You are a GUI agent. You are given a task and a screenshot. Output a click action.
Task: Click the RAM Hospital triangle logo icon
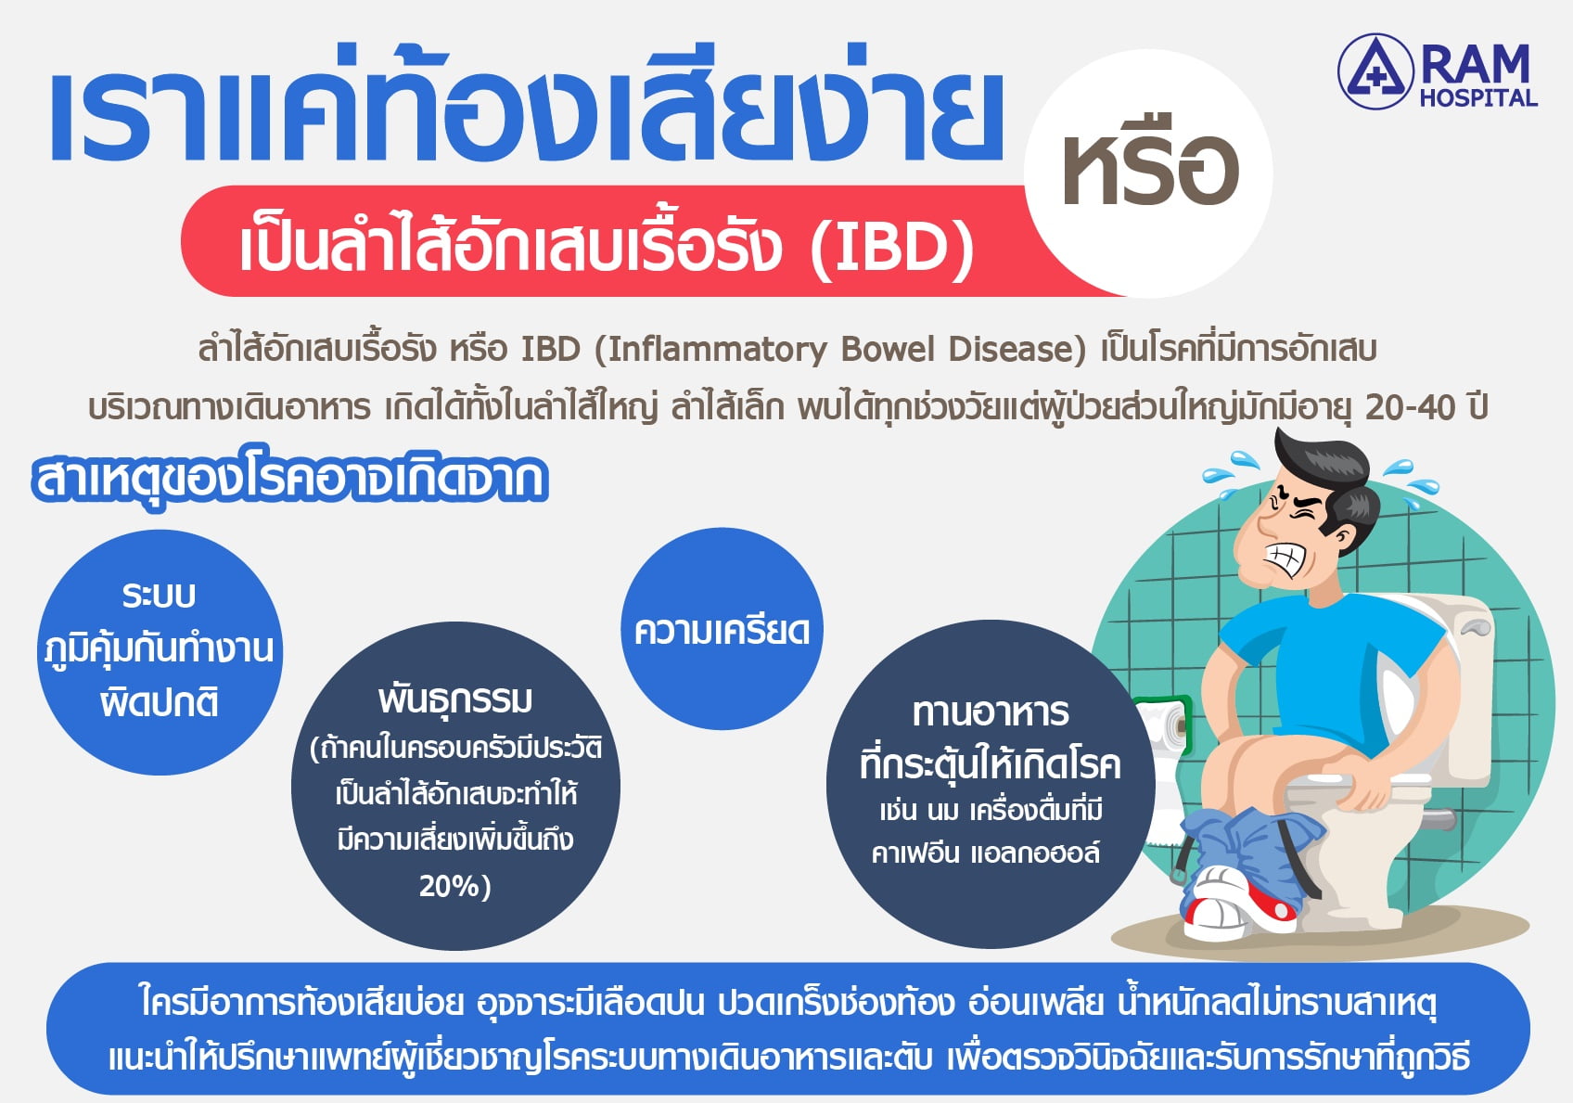pos(1375,71)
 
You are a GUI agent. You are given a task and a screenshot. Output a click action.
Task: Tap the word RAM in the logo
pos(1476,65)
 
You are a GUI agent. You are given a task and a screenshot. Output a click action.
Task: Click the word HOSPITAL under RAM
pos(1478,97)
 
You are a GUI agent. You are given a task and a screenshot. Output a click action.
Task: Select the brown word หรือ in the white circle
pos(1150,171)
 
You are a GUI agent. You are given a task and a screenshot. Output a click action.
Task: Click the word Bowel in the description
pos(888,349)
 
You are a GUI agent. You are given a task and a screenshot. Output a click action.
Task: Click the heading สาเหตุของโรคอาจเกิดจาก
pos(289,481)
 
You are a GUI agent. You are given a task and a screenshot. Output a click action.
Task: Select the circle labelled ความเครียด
pos(722,628)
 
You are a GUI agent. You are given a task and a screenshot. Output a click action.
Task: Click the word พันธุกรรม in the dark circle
pos(455,699)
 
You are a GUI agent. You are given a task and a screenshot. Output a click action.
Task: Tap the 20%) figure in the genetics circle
pos(455,886)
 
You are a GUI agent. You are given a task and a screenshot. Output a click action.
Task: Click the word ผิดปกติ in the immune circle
pos(160,702)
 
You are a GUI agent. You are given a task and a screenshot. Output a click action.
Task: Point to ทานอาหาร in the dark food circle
pos(991,712)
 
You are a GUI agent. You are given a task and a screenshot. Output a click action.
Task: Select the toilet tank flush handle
pos(1475,629)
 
